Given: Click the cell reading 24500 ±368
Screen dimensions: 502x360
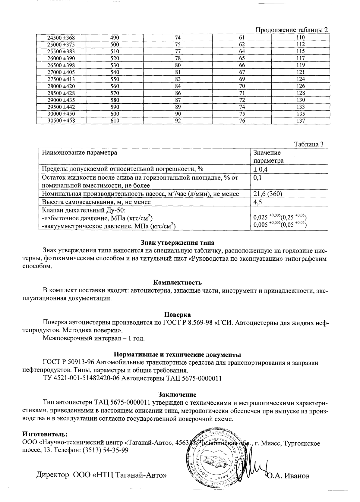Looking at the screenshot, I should (x=61, y=38).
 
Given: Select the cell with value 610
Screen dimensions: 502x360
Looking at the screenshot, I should (x=115, y=121).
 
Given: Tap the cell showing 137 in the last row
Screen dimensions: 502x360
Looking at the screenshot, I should (x=300, y=121).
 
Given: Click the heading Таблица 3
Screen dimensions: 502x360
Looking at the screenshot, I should (x=308, y=144).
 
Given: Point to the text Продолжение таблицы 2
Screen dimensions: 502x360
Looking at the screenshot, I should (x=291, y=30).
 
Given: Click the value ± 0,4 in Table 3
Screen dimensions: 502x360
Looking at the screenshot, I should (x=261, y=169).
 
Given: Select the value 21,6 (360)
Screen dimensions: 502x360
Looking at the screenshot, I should (x=268, y=194).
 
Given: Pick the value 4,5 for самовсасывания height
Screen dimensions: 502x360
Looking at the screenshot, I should (x=257, y=202).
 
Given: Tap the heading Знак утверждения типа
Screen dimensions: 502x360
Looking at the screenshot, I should (x=177, y=243).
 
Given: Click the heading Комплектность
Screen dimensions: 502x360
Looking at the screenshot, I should (x=177, y=283).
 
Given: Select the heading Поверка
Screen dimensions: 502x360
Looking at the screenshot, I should (x=177, y=315).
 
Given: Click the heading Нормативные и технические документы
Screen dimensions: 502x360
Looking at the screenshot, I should (x=177, y=354).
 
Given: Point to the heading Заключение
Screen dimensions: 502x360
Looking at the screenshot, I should (x=177, y=394).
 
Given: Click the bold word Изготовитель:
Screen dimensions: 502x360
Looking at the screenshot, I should (x=45, y=435).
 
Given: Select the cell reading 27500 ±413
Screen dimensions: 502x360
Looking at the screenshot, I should (x=61, y=79).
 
